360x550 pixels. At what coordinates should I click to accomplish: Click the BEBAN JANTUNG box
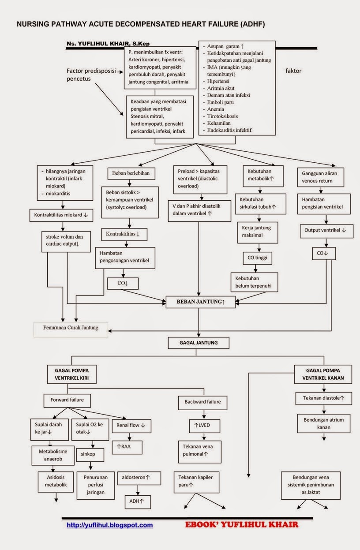(x=201, y=302)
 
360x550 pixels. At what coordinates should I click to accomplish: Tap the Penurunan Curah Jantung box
(x=71, y=328)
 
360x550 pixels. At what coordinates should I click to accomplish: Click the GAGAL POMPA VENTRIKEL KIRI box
(x=72, y=374)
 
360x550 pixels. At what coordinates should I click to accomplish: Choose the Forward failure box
(x=67, y=400)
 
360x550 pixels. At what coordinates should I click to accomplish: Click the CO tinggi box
(x=258, y=257)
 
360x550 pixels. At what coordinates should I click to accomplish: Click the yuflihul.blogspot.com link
(x=110, y=525)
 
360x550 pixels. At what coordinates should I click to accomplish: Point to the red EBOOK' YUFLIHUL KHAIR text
(x=241, y=525)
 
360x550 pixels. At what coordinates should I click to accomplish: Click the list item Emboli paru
(x=221, y=102)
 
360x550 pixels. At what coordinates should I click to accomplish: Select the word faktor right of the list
(x=293, y=71)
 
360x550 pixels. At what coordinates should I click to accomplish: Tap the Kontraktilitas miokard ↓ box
(x=61, y=215)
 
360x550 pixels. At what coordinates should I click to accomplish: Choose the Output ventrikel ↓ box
(x=325, y=230)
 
